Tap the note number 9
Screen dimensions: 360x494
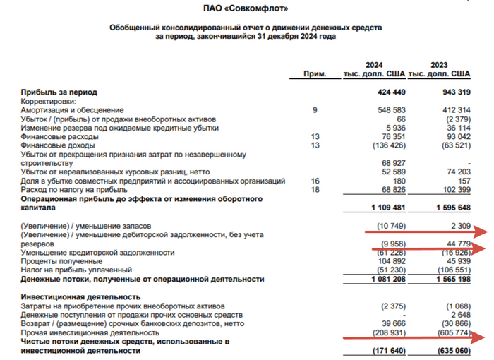click(315, 110)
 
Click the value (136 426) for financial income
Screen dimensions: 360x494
click(388, 145)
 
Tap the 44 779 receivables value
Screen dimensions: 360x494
click(457, 243)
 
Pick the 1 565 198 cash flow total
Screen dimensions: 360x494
click(450, 280)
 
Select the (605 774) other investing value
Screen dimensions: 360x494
click(453, 332)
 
